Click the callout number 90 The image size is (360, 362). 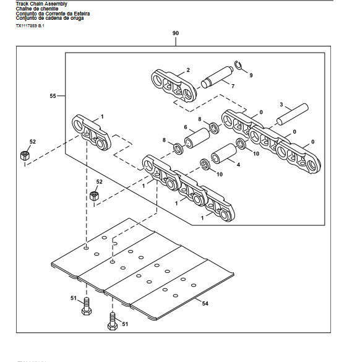[x=176, y=32]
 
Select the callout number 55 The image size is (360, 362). [x=53, y=96]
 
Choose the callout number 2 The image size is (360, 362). [x=188, y=71]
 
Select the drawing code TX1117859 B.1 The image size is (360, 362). [x=30, y=25]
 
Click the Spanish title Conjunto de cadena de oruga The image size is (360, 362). [x=49, y=18]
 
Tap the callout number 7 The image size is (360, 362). [x=233, y=86]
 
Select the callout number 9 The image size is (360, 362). [x=251, y=75]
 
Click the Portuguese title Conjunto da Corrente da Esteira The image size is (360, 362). [x=54, y=14]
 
